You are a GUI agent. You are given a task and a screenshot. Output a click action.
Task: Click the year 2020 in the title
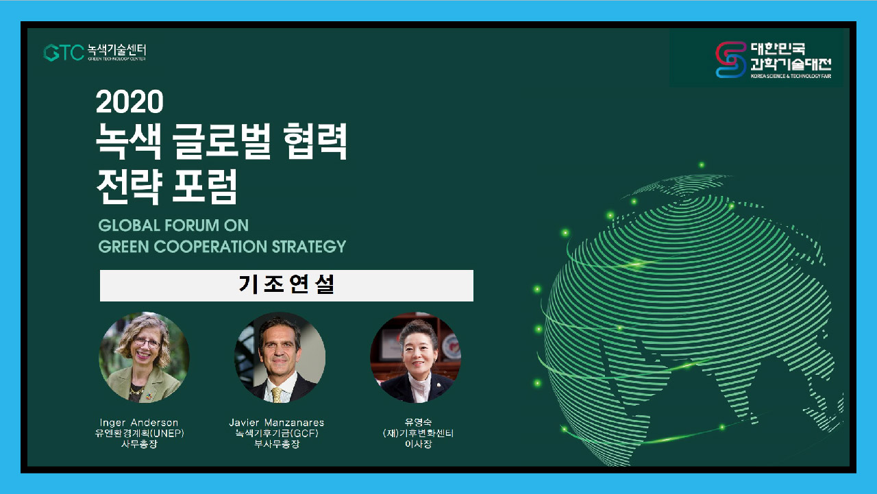pyautogui.click(x=129, y=102)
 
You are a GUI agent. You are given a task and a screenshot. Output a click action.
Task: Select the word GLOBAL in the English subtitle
pyautogui.click(x=128, y=225)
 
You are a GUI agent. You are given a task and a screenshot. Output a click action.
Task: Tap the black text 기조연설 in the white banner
pyautogui.click(x=286, y=284)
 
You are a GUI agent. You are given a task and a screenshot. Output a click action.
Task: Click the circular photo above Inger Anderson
pyautogui.click(x=144, y=358)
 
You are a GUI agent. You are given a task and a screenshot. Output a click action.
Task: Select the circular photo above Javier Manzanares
pyautogui.click(x=280, y=358)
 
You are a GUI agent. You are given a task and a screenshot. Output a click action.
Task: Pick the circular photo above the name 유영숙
pyautogui.click(x=416, y=358)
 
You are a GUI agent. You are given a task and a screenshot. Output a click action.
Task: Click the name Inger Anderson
pyautogui.click(x=139, y=423)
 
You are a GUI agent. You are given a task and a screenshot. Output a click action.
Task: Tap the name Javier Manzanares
pyautogui.click(x=277, y=423)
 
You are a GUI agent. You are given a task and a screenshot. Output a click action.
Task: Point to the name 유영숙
pyautogui.click(x=418, y=422)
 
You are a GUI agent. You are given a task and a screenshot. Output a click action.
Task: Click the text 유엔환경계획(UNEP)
pyautogui.click(x=139, y=433)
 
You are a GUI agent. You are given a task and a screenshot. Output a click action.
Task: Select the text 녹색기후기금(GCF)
pyautogui.click(x=277, y=433)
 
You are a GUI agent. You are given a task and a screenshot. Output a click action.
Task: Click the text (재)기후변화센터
pyautogui.click(x=418, y=433)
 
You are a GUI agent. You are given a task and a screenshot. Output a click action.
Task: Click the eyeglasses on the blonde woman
pyautogui.click(x=147, y=343)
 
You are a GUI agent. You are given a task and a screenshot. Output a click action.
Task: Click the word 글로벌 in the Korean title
pyautogui.click(x=221, y=141)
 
